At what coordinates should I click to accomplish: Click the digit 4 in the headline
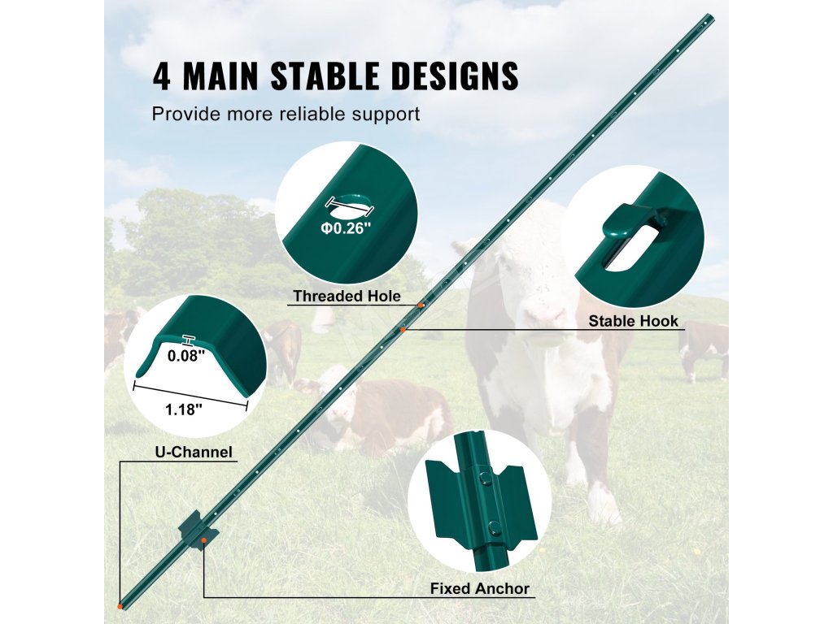(x=162, y=76)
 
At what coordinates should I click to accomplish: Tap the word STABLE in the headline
(x=325, y=76)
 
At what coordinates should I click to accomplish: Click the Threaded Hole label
(x=347, y=296)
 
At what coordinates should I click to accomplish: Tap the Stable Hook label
(x=633, y=321)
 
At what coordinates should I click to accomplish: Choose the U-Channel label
(x=194, y=452)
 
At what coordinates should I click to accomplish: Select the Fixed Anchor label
(x=480, y=588)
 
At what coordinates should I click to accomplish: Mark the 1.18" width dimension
(x=184, y=409)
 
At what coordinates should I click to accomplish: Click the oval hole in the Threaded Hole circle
(x=351, y=207)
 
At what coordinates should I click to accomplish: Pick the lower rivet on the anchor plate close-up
(x=494, y=528)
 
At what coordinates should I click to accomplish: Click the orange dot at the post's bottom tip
(x=120, y=606)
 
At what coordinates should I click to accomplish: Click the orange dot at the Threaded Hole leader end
(x=421, y=305)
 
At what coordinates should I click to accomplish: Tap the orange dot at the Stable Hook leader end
(x=403, y=330)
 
